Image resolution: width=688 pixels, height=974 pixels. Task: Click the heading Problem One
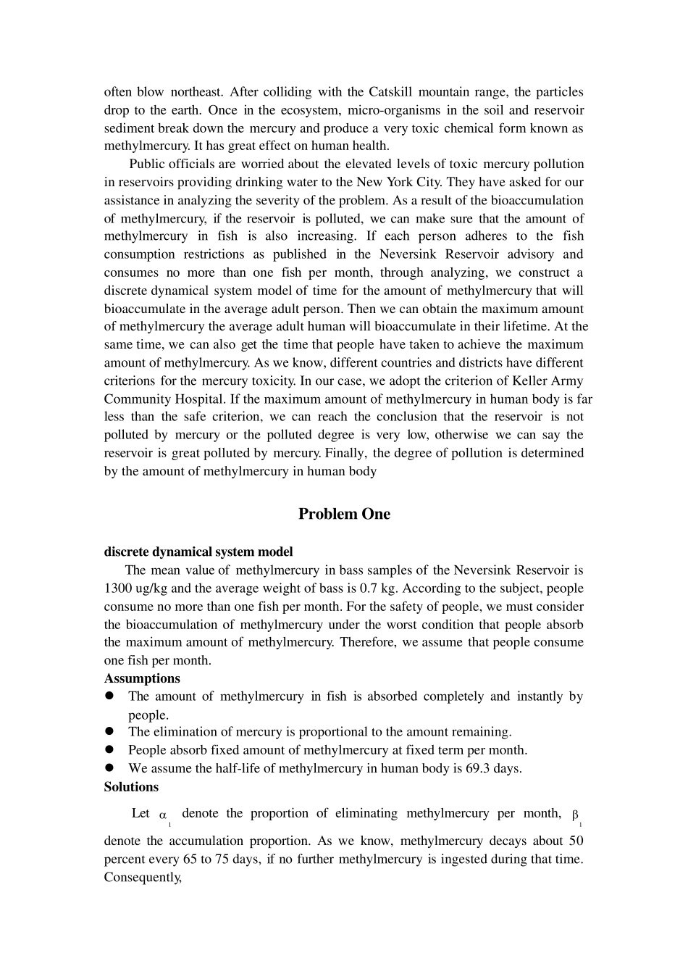coord(344,514)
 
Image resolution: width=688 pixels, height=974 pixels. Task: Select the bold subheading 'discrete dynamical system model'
coord(198,551)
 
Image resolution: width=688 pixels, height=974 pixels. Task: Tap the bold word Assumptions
coord(142,678)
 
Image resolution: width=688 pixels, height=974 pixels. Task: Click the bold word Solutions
coord(131,786)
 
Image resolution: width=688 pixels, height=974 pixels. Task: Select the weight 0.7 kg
coord(377,588)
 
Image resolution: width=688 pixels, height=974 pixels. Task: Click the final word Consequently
coord(142,877)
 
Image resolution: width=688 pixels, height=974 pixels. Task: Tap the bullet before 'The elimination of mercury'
coord(110,731)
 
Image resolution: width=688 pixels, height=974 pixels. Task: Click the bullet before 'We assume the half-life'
coord(110,767)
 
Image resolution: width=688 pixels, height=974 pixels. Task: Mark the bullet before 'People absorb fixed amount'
coord(110,749)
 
